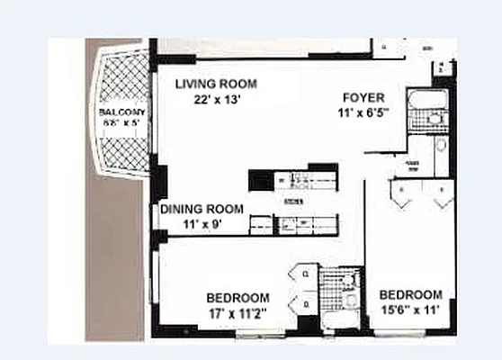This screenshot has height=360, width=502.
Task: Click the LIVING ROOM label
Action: pyautogui.click(x=216, y=84)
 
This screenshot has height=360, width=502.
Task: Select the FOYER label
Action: pyautogui.click(x=364, y=97)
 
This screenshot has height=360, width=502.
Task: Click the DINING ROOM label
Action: pyautogui.click(x=202, y=209)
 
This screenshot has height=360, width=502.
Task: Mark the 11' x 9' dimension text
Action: pyautogui.click(x=202, y=224)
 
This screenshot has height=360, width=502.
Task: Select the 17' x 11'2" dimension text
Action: pyautogui.click(x=238, y=314)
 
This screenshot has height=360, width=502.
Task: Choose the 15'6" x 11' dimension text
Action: pyautogui.click(x=410, y=310)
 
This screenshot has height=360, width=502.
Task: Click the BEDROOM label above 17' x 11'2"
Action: pyautogui.click(x=238, y=299)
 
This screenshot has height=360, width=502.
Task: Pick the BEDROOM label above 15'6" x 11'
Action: pyautogui.click(x=410, y=294)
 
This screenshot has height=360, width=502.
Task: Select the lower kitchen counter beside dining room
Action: pyautogui.click(x=292, y=222)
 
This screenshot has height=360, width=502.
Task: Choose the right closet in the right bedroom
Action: pyautogui.click(x=443, y=193)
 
